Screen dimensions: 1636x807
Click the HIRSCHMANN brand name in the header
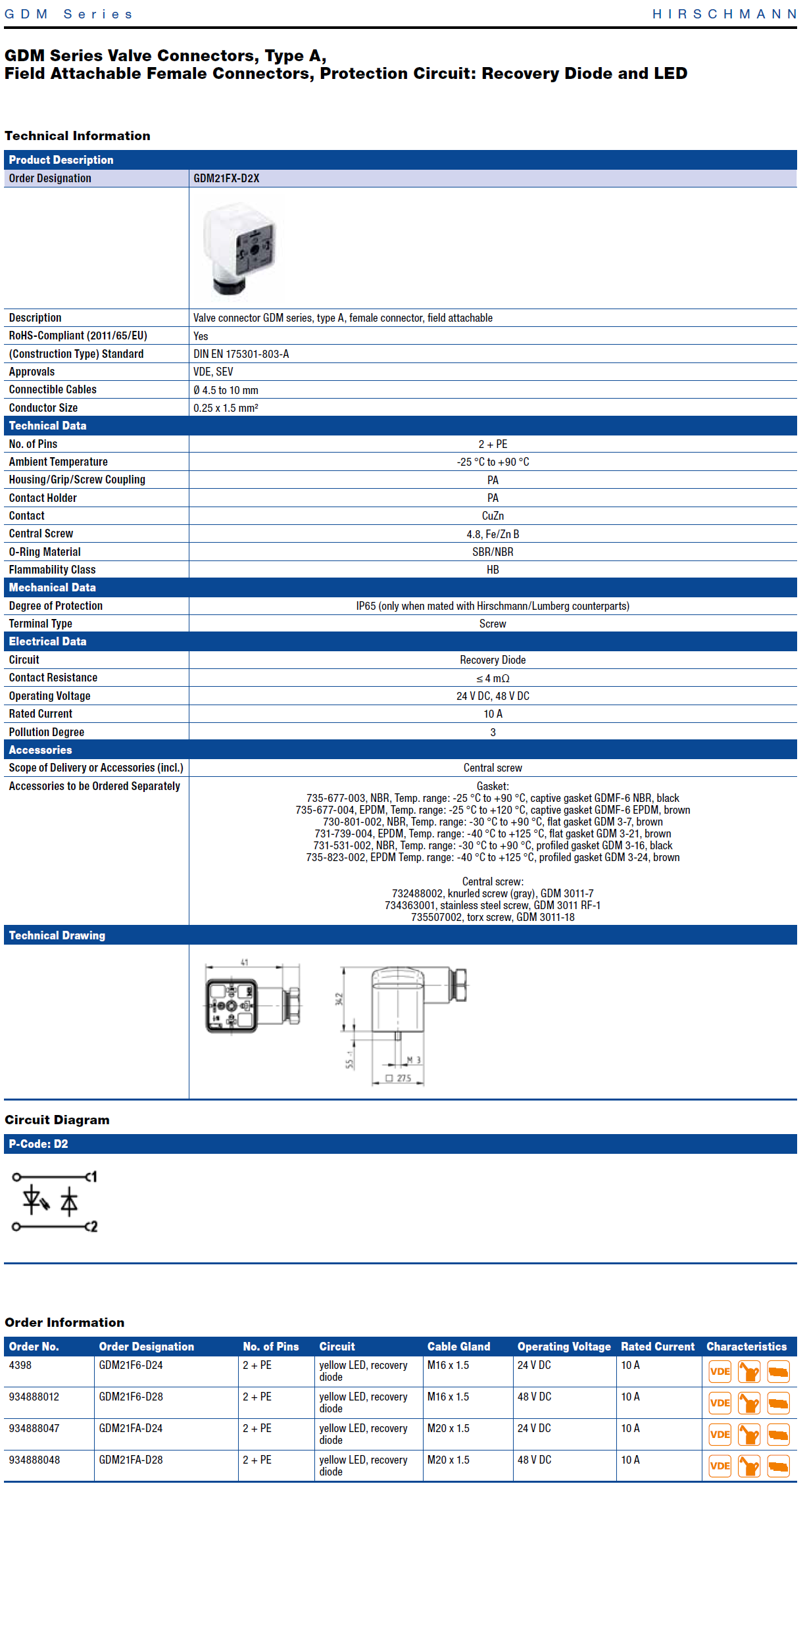click(x=724, y=14)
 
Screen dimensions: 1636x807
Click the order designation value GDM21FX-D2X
click(x=226, y=178)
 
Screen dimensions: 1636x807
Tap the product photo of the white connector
click(x=241, y=249)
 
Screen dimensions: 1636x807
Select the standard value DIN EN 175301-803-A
click(x=241, y=354)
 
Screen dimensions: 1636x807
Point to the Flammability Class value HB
click(x=493, y=570)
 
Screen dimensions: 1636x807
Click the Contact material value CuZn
click(x=493, y=516)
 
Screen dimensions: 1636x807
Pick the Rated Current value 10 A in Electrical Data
click(x=493, y=714)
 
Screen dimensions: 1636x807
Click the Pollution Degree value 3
click(x=493, y=732)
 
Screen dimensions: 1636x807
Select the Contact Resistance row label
click(x=53, y=678)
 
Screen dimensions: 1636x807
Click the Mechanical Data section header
click(x=53, y=587)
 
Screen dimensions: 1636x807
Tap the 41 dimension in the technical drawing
click(x=245, y=962)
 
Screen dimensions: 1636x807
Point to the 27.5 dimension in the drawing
click(x=403, y=1078)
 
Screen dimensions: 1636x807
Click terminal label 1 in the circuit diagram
click(x=94, y=1177)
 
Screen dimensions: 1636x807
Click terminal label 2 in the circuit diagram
click(x=94, y=1227)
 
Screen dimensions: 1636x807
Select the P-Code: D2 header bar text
click(x=38, y=1144)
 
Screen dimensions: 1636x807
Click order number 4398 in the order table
click(x=20, y=1365)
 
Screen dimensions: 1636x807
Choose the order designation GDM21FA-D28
click(x=131, y=1460)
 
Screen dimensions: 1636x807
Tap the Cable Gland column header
click(x=458, y=1347)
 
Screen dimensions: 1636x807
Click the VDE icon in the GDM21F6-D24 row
click(x=720, y=1372)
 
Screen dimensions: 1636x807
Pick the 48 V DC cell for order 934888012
click(x=534, y=1397)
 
